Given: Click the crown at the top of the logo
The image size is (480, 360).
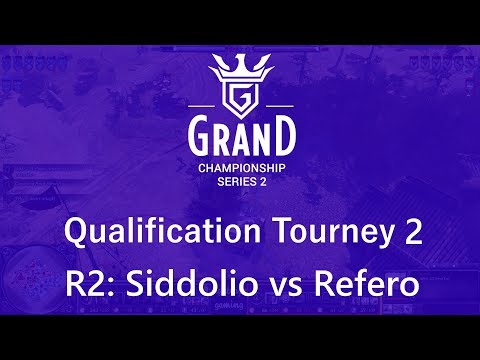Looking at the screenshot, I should click(240, 70).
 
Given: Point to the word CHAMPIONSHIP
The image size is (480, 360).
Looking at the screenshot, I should click(240, 168).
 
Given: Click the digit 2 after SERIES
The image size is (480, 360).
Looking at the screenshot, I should click(262, 183).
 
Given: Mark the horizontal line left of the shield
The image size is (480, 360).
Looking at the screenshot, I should click(204, 105).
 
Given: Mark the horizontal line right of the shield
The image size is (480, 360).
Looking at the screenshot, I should click(276, 105).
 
